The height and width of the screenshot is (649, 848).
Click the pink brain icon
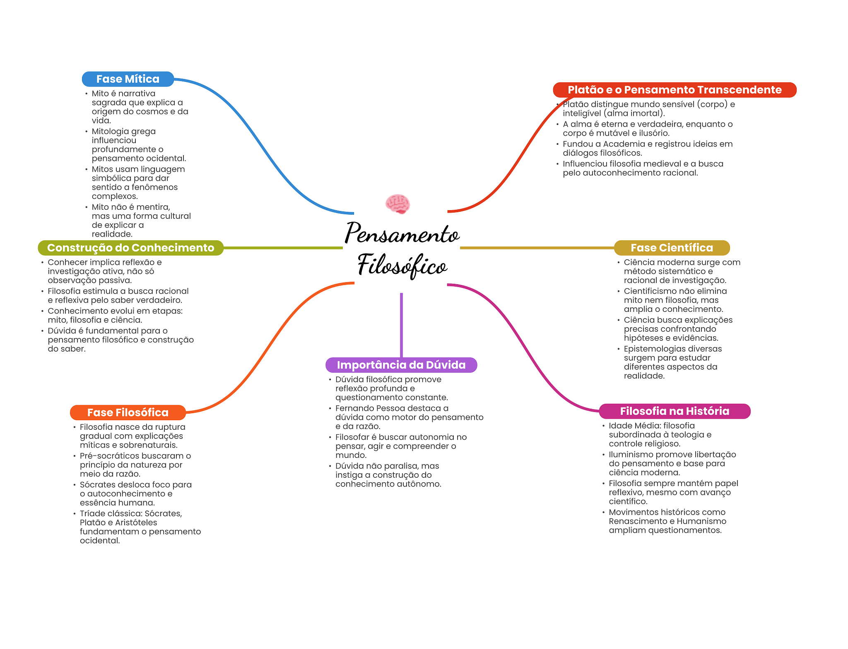coord(397,204)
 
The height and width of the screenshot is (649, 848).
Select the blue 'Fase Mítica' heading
coord(128,79)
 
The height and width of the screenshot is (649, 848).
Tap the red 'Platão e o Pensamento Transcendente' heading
coord(674,90)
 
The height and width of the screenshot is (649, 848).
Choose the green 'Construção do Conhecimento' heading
coord(130,248)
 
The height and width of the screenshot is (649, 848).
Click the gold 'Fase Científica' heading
coord(671,248)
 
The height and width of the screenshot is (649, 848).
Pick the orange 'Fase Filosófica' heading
coord(128,412)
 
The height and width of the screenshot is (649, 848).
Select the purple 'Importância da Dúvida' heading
coord(401,365)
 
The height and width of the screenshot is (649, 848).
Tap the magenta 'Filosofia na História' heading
coord(674,411)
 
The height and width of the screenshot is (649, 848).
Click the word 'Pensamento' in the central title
coord(402,233)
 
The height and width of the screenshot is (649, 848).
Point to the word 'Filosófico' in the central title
coord(402,265)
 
